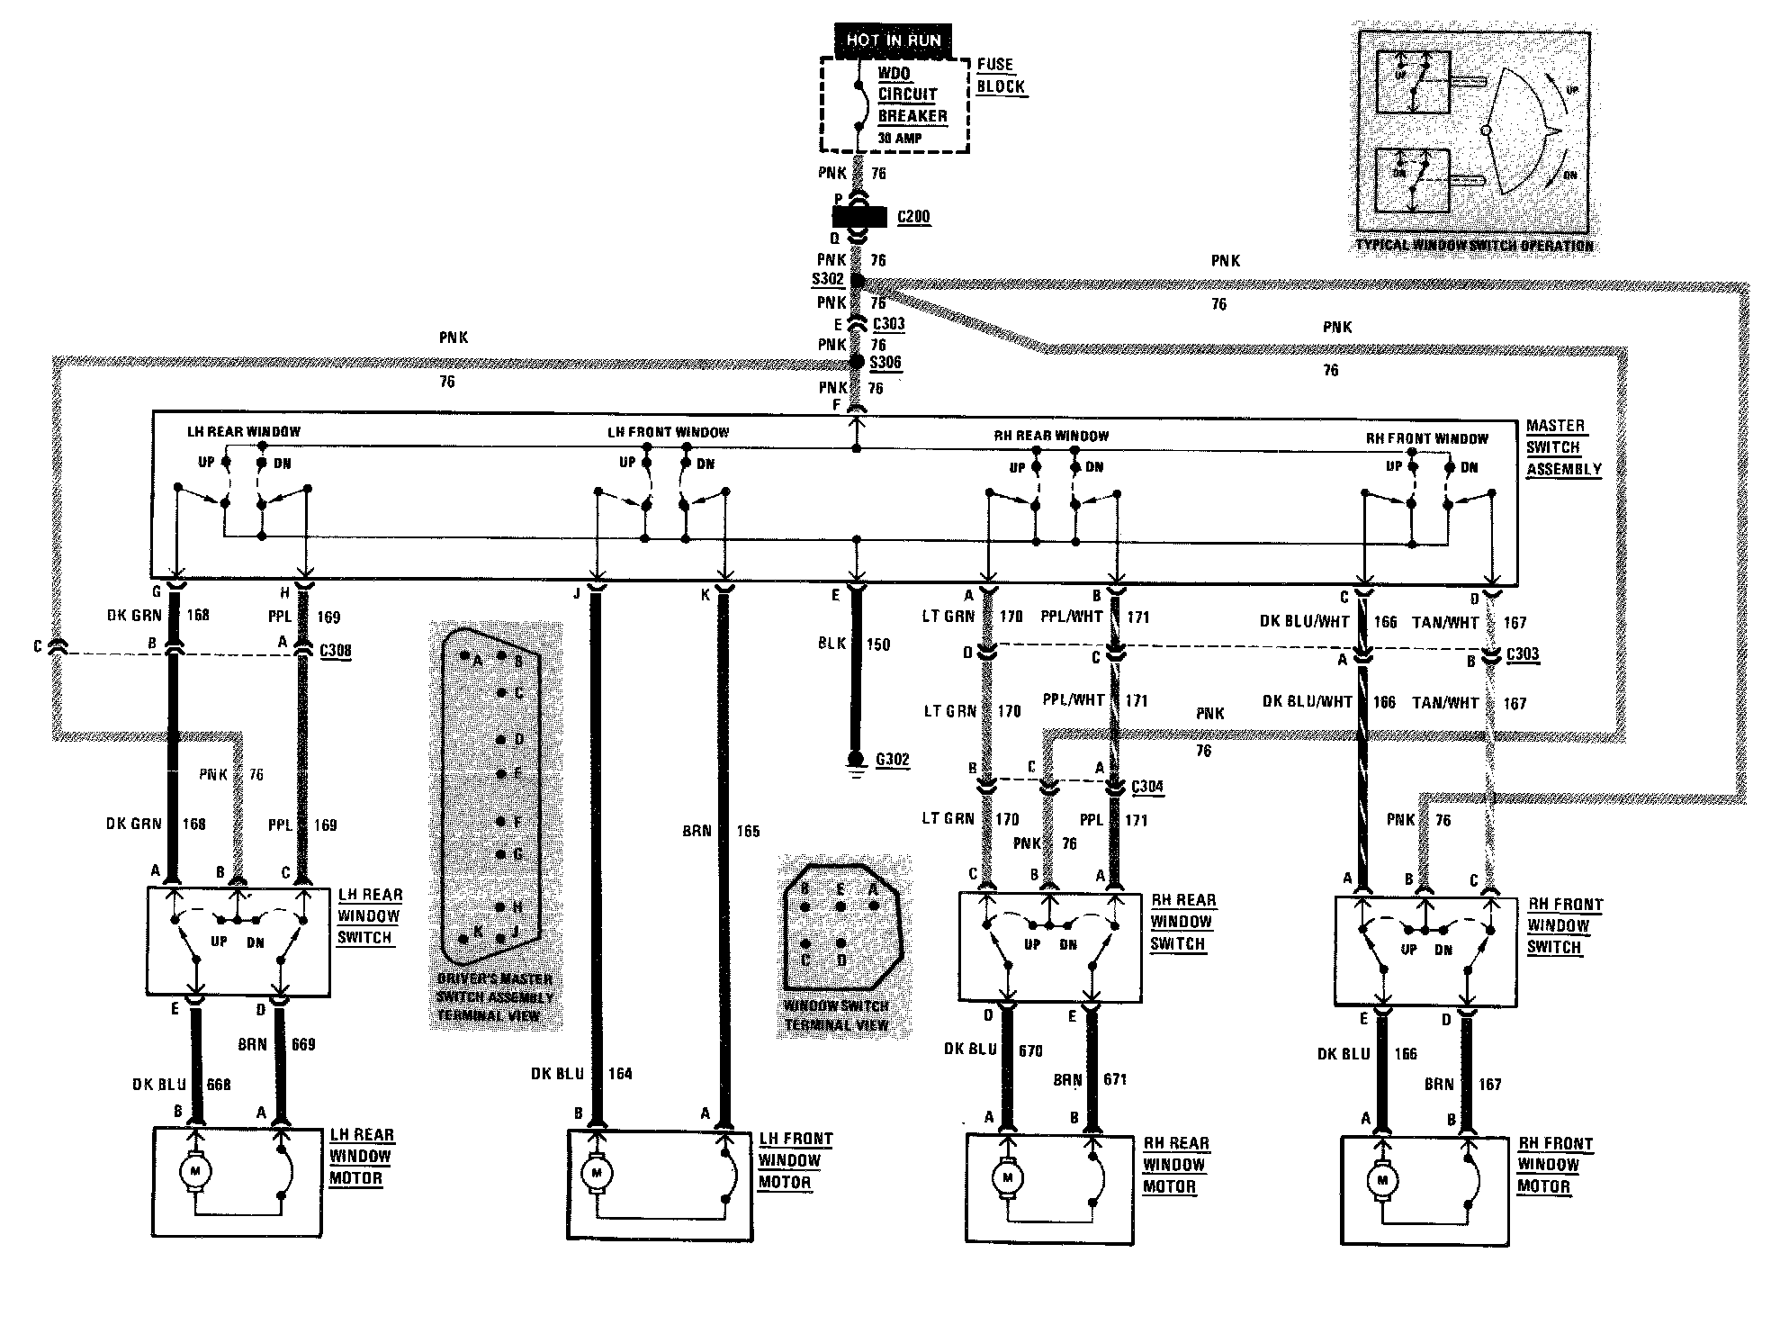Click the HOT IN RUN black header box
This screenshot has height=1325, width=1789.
(x=893, y=40)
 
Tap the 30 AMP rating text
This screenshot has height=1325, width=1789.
(x=900, y=139)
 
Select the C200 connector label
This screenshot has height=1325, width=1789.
(x=913, y=217)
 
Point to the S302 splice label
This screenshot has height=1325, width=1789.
(x=827, y=279)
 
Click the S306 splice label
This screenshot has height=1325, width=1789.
(x=886, y=362)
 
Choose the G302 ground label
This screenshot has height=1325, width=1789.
(x=892, y=759)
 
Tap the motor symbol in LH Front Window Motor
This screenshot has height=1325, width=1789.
(x=596, y=1174)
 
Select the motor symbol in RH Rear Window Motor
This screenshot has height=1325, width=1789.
(x=1007, y=1177)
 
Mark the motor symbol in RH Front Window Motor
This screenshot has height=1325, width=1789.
(x=1382, y=1180)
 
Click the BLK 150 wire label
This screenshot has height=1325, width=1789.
(x=854, y=644)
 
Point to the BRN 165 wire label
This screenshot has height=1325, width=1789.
(x=720, y=831)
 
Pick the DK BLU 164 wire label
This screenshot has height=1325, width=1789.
(x=581, y=1073)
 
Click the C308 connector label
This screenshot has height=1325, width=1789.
(x=336, y=651)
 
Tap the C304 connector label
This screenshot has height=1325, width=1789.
(x=1146, y=787)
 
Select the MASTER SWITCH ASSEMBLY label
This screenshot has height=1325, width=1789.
(x=1563, y=447)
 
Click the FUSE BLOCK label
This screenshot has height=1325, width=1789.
(x=1000, y=76)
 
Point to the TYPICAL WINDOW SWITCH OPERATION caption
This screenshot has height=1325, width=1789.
(x=1474, y=246)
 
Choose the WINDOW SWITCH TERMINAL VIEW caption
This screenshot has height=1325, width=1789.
(x=836, y=1014)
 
